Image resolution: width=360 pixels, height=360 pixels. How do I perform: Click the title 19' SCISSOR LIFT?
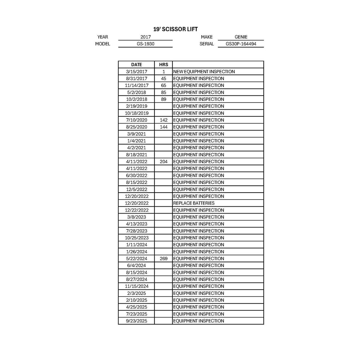(175, 29)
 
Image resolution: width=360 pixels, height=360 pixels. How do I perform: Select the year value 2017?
(145, 37)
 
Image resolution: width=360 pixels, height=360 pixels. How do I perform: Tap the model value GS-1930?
(145, 44)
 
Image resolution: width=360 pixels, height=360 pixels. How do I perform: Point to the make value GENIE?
(241, 37)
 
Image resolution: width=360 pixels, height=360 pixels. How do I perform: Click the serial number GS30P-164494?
(241, 44)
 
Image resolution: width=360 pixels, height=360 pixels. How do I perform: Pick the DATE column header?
(136, 64)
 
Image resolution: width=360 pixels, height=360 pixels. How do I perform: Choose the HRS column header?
(163, 64)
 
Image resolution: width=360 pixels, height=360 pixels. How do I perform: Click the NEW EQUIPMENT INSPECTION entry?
(204, 72)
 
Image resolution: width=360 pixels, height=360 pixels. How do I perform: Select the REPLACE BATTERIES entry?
(194, 203)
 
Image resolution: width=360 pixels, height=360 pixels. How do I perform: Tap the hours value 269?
(163, 259)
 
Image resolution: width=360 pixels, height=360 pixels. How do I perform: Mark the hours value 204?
(163, 162)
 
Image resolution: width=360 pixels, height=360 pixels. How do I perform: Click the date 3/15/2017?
(136, 72)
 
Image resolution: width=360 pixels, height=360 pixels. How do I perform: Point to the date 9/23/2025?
(136, 321)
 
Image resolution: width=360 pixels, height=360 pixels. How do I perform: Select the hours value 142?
(163, 120)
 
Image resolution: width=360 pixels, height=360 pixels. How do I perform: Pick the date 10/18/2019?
(136, 113)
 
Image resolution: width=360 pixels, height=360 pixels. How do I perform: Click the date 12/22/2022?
(136, 210)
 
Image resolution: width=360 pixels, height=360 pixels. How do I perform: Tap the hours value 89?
(163, 99)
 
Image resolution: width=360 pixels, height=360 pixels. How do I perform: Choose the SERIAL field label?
(207, 44)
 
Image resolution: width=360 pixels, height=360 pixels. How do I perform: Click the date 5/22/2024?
(136, 259)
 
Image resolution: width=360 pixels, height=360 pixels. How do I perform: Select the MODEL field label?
(103, 44)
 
